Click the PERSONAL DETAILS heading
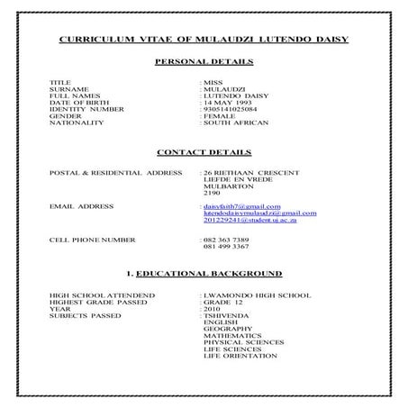[204, 62]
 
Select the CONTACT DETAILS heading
[204, 151]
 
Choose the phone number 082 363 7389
[226, 240]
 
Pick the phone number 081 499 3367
[226, 247]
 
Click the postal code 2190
[212, 193]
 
